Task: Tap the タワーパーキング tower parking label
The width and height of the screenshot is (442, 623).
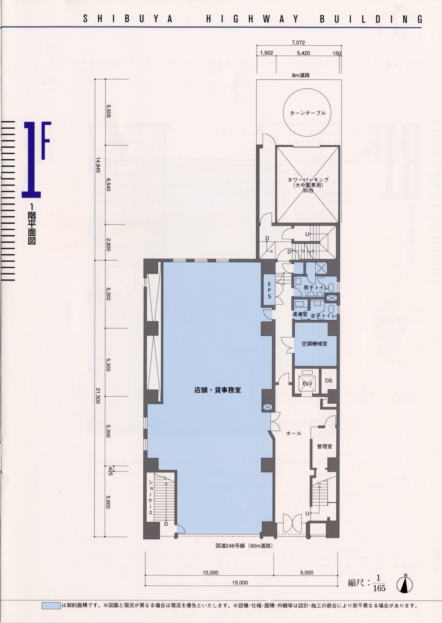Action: [x=308, y=180]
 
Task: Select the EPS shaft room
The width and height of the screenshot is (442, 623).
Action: [x=269, y=290]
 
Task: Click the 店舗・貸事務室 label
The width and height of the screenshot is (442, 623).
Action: [x=218, y=390]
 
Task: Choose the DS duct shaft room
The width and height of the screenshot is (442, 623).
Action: [x=329, y=381]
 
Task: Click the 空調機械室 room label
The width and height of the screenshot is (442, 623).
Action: [x=314, y=344]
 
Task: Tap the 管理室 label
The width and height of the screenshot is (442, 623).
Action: [x=325, y=446]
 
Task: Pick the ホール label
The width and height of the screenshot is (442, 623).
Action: [x=294, y=433]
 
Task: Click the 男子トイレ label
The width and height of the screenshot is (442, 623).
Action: [x=316, y=288]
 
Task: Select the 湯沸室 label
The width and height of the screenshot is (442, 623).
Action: [x=299, y=314]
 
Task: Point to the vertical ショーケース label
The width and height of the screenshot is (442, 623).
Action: [x=150, y=497]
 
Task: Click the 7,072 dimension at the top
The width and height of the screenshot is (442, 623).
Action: [x=298, y=42]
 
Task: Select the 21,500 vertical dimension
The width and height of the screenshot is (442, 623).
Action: [x=98, y=396]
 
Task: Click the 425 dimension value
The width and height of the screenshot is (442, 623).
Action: [x=110, y=471]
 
